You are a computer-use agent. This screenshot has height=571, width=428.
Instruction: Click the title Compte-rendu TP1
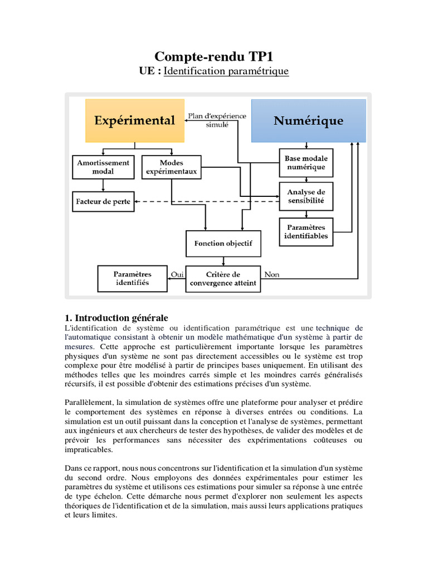coord(214,56)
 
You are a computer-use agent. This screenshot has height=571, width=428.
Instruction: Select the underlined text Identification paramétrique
coord(226,71)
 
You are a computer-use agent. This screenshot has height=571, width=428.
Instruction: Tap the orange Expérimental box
coord(134,120)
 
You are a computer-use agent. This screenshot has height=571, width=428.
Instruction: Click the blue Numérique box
coord(308,120)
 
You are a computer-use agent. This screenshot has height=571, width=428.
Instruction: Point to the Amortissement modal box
coord(103,167)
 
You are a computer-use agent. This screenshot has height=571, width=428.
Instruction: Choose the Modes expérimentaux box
coord(171,167)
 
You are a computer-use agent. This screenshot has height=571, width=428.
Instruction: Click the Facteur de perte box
coord(103,201)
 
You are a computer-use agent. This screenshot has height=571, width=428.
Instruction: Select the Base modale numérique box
coord(306,163)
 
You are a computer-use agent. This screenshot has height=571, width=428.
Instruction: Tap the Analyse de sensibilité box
coord(306,196)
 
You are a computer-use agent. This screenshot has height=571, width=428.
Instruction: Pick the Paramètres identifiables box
coord(306,231)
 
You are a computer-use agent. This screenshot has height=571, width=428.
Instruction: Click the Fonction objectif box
coord(223,244)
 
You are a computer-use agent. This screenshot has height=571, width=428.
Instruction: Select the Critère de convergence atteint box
coord(223,279)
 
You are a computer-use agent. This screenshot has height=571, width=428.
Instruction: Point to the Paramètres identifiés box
coord(132,279)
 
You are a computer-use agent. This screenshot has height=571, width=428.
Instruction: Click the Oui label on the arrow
coord(177,274)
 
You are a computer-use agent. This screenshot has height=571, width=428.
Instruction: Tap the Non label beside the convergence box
coord(272,274)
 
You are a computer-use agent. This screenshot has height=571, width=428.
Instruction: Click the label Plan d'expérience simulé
coord(217,120)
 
